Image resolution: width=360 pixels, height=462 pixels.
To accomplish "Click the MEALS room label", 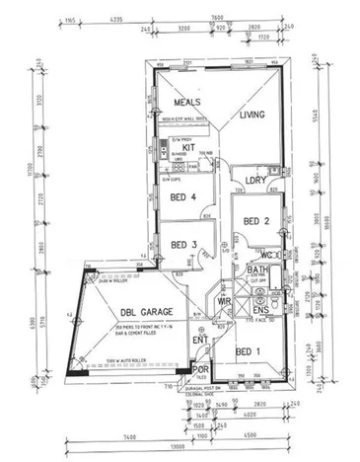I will point(187,103).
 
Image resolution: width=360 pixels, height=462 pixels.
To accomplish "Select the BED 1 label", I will point(249,350).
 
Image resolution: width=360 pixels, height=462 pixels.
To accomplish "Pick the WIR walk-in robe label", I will point(224,301).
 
